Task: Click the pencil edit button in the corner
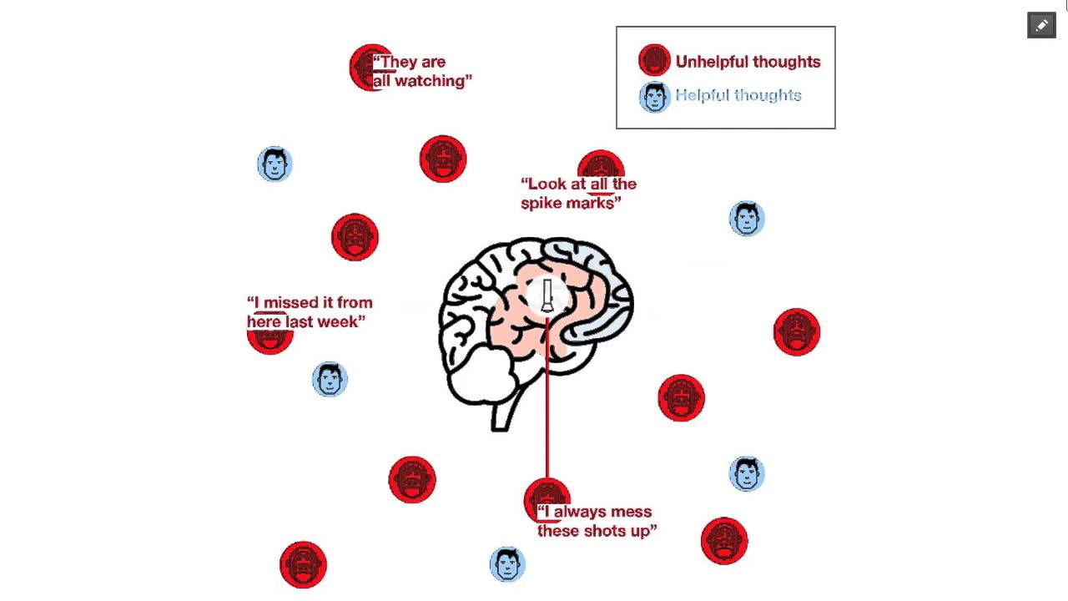point(1041,26)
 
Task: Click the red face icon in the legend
point(654,61)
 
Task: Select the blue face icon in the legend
point(655,97)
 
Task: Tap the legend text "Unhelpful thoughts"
point(748,62)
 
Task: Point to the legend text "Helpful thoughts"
point(738,95)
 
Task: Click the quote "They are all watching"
point(422,72)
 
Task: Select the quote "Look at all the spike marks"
point(578,194)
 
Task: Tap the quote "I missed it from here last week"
point(309,312)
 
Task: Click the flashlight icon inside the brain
point(547,296)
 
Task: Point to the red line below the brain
point(547,417)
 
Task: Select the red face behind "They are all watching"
point(364,68)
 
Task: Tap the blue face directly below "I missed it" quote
point(330,380)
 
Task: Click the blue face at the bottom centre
point(507,564)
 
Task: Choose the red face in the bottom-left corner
point(303,565)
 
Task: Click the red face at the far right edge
point(797,332)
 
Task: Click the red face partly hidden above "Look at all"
point(601,162)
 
